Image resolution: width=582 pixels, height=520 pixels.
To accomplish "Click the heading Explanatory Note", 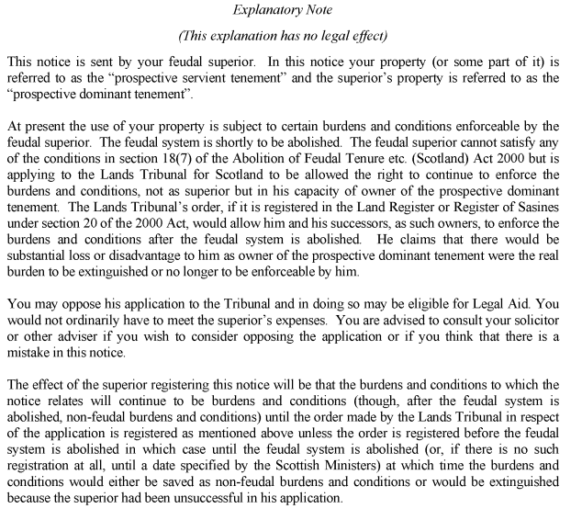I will [x=291, y=12].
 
